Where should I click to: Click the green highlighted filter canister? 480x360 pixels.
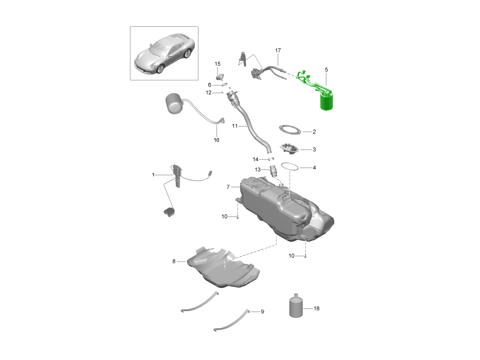[x=327, y=102]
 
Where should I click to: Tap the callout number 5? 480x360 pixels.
[x=326, y=70]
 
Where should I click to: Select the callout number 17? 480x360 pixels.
[x=278, y=50]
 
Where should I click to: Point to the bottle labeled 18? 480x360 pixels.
[x=296, y=306]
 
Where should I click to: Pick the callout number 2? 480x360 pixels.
[x=314, y=132]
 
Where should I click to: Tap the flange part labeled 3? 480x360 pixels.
[x=290, y=149]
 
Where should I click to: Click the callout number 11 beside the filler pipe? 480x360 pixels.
[x=235, y=126]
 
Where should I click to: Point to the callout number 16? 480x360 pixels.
[x=216, y=140]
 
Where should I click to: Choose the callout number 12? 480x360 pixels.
[x=209, y=93]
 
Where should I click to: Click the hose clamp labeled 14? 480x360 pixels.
[x=271, y=159]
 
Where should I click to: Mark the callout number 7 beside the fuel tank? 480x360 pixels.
[x=228, y=187]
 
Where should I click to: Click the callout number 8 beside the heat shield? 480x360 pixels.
[x=174, y=261]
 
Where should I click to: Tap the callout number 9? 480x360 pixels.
[x=263, y=312]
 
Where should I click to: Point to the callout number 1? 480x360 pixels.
[x=153, y=175]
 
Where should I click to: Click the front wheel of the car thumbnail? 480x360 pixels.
[x=160, y=69]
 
